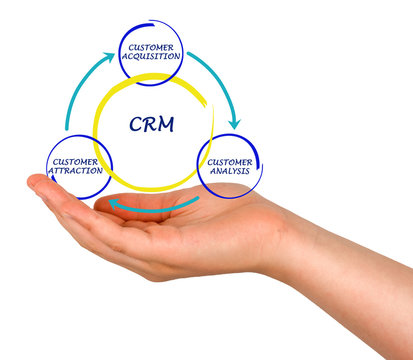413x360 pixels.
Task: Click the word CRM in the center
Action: point(151,125)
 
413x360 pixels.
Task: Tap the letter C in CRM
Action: point(135,125)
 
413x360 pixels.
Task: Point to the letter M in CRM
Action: point(166,125)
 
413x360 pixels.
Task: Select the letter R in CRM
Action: point(150,125)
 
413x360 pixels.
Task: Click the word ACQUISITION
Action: point(151,56)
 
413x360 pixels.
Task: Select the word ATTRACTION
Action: point(76,170)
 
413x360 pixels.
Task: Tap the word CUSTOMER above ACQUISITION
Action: point(151,47)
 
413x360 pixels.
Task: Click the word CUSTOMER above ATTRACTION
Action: point(75,161)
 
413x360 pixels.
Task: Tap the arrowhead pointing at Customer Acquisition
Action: point(108,59)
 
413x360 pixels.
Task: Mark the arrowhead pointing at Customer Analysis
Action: point(235,121)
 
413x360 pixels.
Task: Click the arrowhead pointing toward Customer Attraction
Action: point(113,204)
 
